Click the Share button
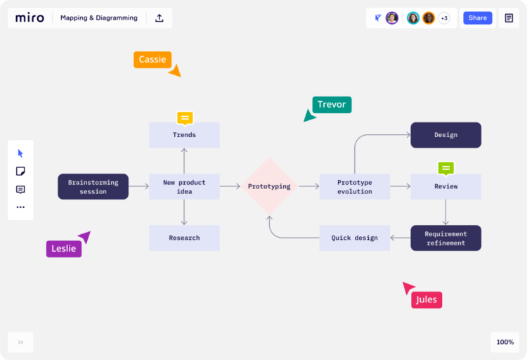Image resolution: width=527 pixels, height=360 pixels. click(477, 18)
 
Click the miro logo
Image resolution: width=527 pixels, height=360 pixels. click(30, 18)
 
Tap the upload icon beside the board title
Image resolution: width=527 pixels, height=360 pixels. click(160, 18)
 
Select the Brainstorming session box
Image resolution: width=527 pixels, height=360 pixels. click(93, 186)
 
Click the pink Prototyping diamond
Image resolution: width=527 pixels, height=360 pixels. click(269, 186)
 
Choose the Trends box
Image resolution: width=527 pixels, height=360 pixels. click(184, 135)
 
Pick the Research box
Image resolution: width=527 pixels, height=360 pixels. click(184, 238)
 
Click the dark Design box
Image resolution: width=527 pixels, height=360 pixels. click(445, 135)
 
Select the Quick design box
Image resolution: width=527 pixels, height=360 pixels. click(354, 238)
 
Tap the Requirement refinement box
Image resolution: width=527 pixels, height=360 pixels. click(445, 238)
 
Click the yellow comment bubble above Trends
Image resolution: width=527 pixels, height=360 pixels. click(185, 117)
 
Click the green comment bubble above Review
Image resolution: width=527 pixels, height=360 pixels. click(445, 168)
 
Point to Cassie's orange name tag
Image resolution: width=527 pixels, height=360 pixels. click(152, 60)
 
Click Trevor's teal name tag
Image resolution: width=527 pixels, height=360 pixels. click(332, 105)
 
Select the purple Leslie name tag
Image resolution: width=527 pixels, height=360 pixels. click(64, 248)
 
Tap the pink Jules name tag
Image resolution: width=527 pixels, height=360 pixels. click(427, 300)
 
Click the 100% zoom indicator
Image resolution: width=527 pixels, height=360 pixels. click(505, 342)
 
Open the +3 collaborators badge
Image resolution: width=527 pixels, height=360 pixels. click(444, 18)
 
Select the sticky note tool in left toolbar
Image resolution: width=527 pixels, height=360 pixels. click(20, 171)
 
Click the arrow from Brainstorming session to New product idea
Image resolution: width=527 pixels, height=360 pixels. click(138, 186)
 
